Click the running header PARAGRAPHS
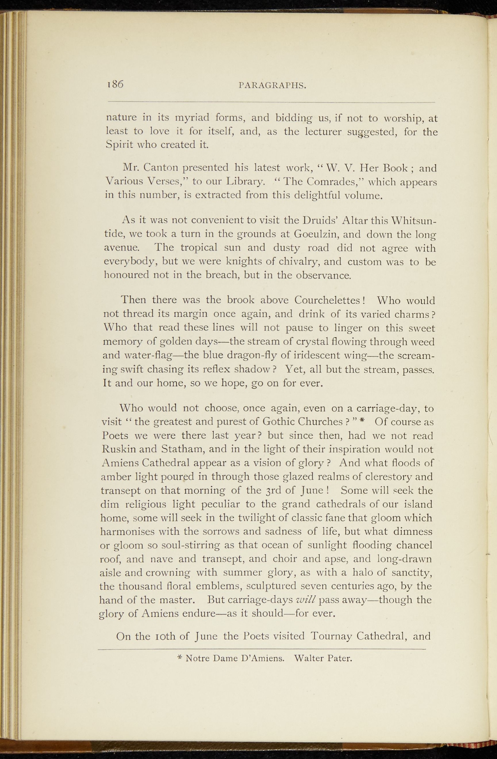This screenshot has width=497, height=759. click(272, 86)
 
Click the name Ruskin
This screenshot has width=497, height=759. click(120, 450)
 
